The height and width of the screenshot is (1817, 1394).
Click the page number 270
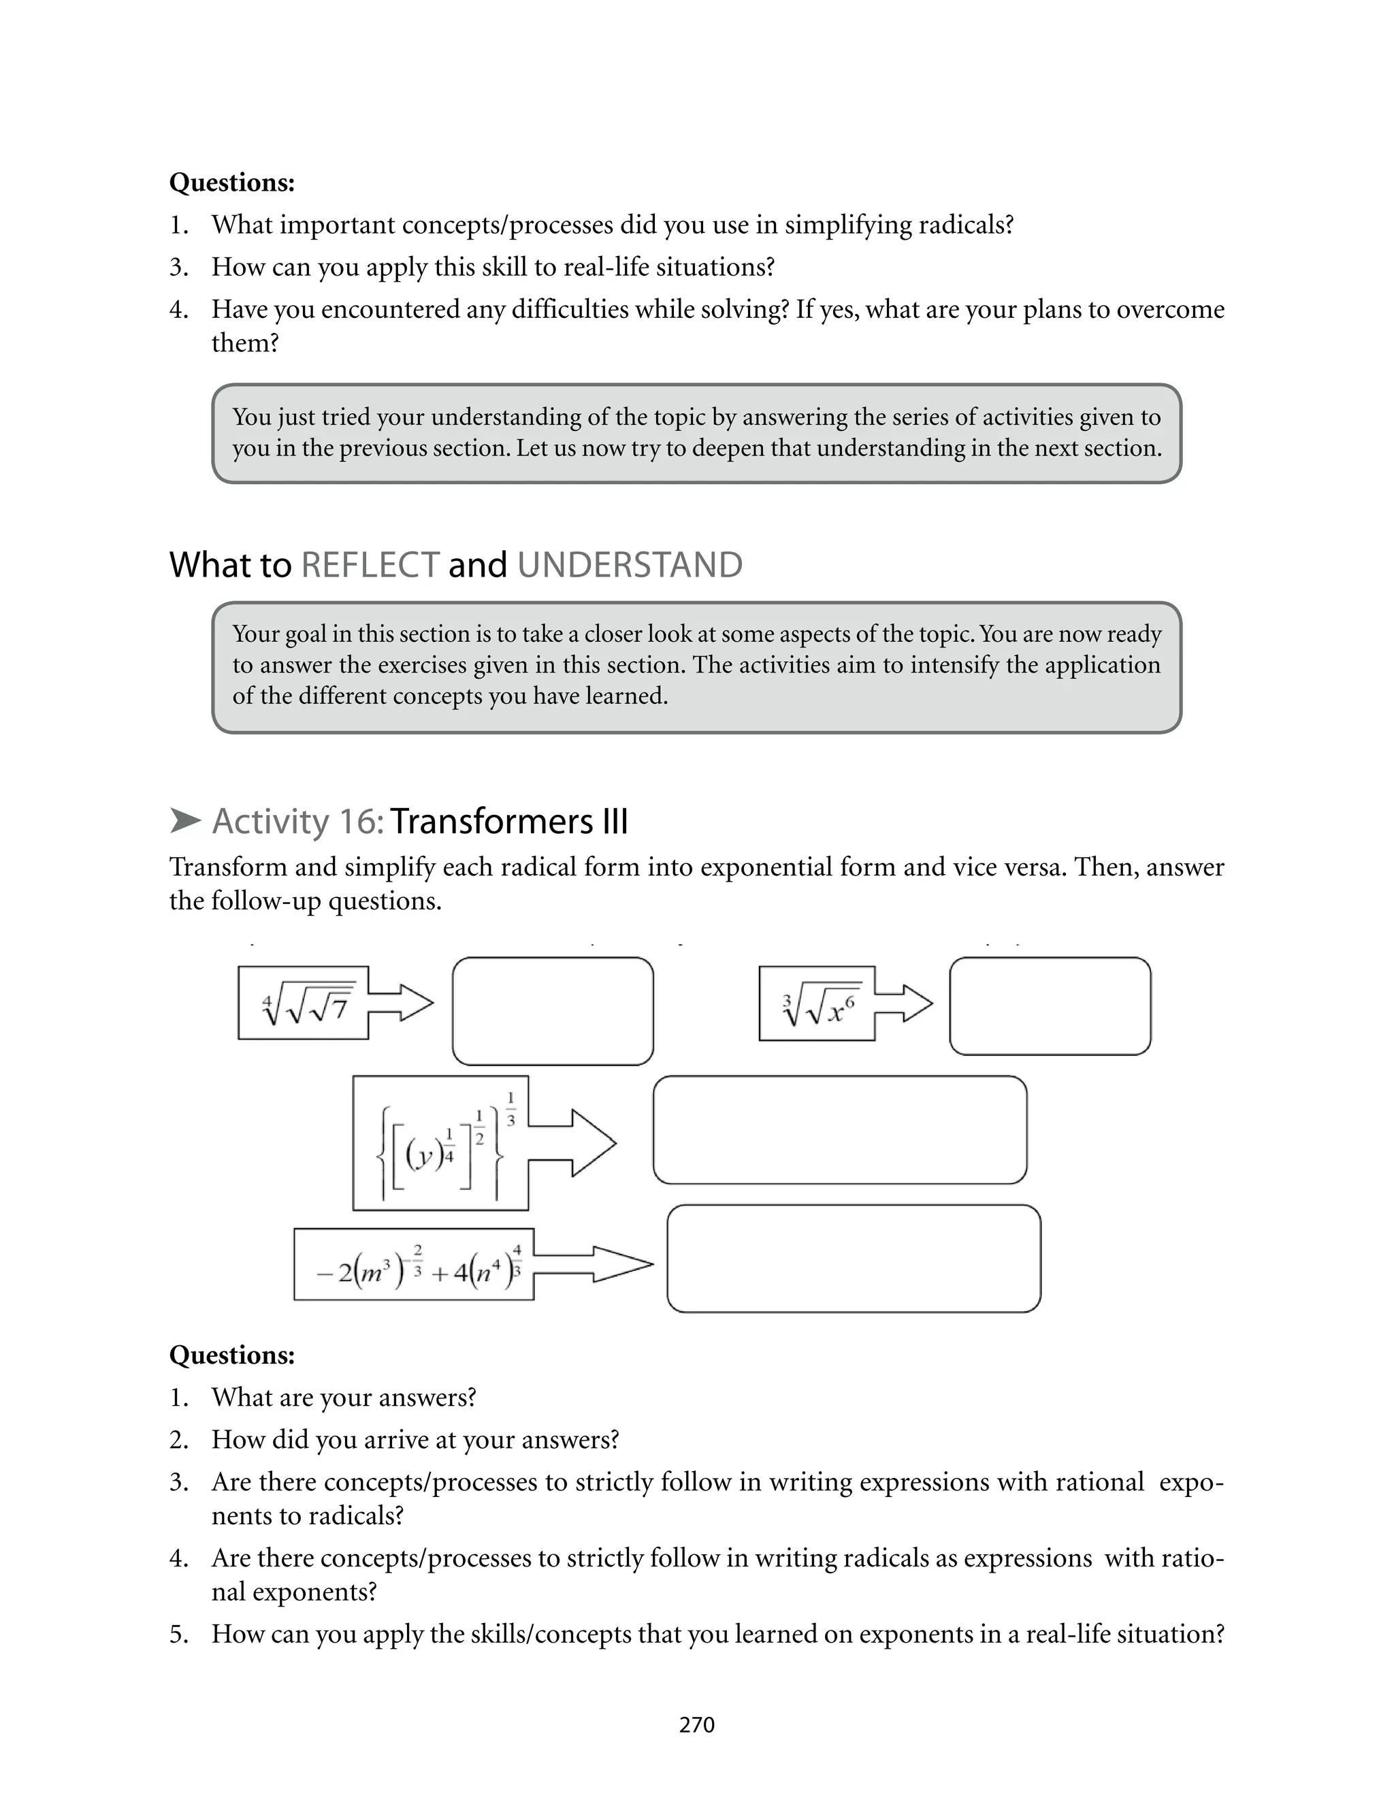[x=696, y=1725]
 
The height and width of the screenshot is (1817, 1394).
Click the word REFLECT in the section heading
[x=370, y=565]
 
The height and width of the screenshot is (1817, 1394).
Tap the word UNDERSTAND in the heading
[x=630, y=565]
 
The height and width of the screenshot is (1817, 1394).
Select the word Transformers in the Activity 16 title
[x=491, y=822]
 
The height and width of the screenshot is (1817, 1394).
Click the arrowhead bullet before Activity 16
[x=185, y=822]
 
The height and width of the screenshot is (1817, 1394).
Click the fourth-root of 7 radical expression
[x=304, y=1003]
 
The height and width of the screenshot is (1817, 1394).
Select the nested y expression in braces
[x=440, y=1143]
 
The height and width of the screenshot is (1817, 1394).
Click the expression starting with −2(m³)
[x=413, y=1264]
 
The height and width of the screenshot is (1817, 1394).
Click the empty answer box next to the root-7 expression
[x=553, y=1012]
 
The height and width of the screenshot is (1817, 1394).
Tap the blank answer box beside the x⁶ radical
[x=1050, y=1006]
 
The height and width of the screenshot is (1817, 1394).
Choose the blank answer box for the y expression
[x=840, y=1130]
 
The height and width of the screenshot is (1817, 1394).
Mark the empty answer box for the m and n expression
[x=853, y=1259]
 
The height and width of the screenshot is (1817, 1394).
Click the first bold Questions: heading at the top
[x=231, y=182]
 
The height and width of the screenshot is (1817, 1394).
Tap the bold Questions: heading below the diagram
[x=231, y=1355]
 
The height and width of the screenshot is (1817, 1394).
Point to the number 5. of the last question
[x=178, y=1634]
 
